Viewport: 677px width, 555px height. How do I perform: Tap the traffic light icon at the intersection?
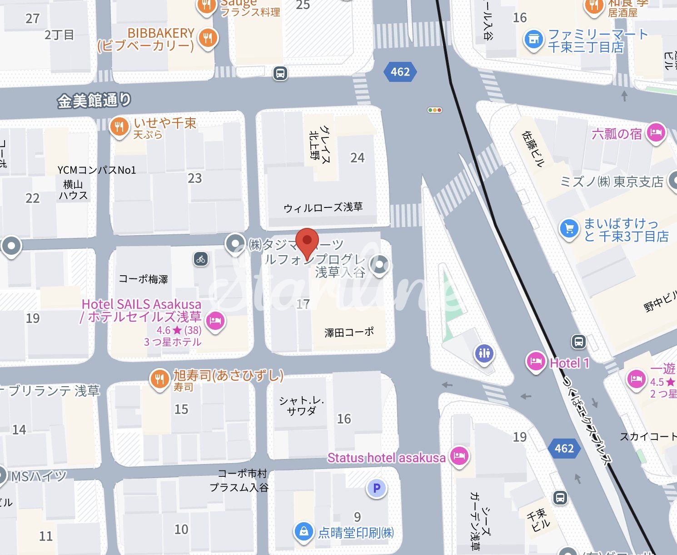click(435, 110)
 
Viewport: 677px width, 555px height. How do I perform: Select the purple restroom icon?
click(484, 353)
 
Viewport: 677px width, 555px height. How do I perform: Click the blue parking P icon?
click(376, 489)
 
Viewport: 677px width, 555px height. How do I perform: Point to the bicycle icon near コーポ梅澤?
click(201, 259)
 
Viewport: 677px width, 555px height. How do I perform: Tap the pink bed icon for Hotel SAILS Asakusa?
click(215, 321)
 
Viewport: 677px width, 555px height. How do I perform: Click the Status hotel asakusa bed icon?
click(459, 455)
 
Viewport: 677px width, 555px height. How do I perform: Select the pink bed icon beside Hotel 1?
click(536, 362)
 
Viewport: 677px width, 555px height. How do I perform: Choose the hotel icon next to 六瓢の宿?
click(656, 132)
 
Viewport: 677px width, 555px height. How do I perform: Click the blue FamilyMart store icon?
click(534, 40)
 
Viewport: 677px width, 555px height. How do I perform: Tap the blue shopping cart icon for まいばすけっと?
click(569, 229)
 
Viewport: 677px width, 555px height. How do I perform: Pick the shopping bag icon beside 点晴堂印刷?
click(304, 531)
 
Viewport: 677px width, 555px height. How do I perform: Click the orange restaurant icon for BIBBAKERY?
click(208, 38)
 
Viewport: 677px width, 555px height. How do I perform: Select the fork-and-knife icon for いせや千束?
click(119, 126)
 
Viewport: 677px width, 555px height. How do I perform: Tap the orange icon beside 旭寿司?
click(159, 378)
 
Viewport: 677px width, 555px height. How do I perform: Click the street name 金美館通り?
click(94, 101)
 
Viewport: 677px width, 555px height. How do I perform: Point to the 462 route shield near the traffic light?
click(400, 72)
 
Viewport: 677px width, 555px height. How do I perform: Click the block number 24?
click(357, 158)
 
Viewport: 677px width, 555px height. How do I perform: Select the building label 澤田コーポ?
click(349, 333)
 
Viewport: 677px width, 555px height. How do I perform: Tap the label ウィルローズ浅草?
click(323, 208)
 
